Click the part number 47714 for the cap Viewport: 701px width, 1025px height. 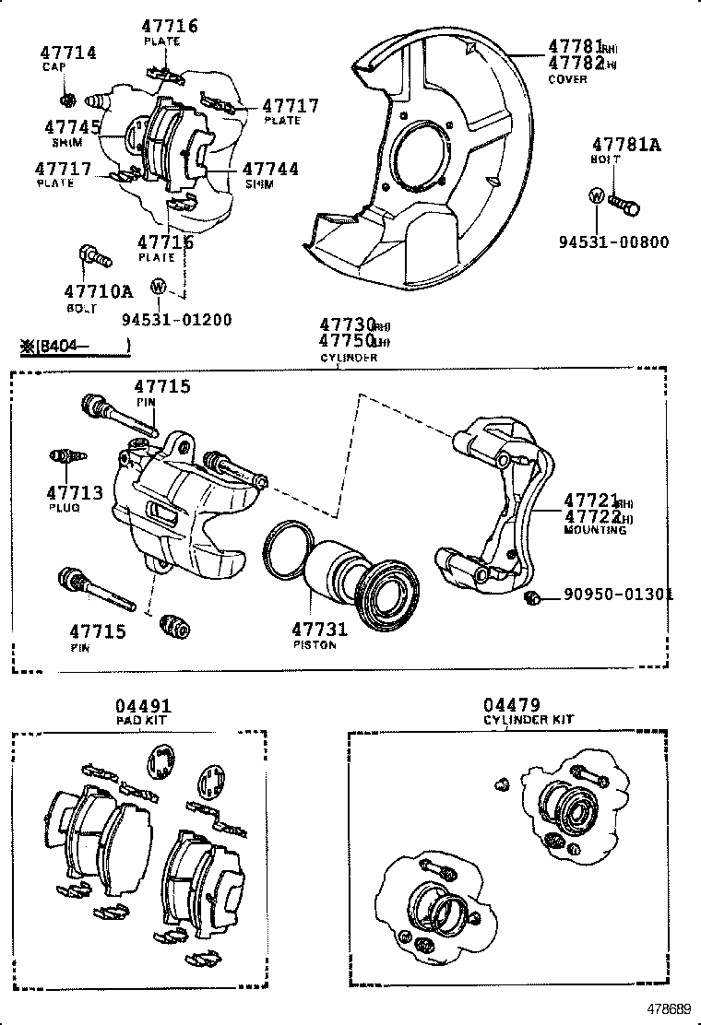68,53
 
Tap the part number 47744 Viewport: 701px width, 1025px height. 270,169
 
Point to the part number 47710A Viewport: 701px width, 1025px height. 98,292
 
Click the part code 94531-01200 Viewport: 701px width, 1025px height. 176,320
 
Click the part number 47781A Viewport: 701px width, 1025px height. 627,144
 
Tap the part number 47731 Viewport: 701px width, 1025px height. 319,630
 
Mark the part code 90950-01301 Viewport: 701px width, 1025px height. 618,595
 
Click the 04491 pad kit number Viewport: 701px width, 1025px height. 144,706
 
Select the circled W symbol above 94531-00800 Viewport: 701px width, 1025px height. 596,195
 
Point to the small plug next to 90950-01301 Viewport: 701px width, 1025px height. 531,599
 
